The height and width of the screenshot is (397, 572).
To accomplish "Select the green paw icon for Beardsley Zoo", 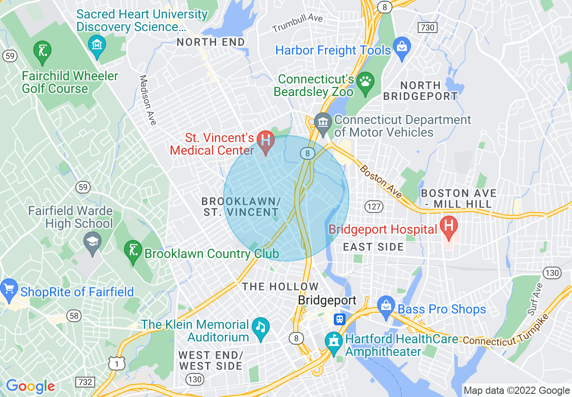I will (364, 82).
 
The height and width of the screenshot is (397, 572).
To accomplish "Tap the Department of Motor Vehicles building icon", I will (323, 122).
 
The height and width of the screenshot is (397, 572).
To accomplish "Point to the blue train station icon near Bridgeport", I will (339, 319).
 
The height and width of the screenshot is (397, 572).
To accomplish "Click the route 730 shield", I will (427, 28).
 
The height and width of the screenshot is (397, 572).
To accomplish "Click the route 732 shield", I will (86, 382).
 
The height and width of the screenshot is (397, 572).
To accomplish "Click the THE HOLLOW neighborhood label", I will (280, 286).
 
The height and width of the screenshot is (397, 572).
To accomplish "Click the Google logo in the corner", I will (30, 386).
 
